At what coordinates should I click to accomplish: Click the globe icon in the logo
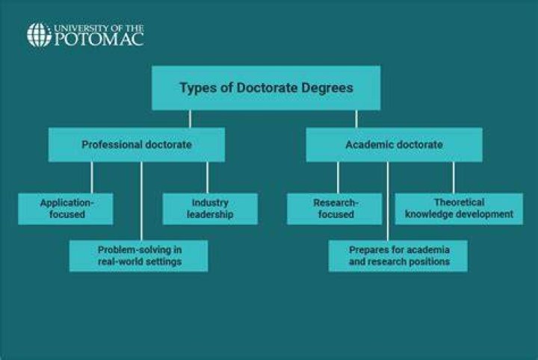point(39,34)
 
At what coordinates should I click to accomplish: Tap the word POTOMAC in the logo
point(99,40)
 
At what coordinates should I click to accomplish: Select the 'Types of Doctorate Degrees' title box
point(266,88)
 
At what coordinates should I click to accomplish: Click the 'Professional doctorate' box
point(137,145)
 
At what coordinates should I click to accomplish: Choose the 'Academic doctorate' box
point(395,145)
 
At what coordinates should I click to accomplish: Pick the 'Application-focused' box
point(66,209)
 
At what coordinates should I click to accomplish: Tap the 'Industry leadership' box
point(210,209)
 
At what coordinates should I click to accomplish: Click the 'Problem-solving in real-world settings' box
point(139,255)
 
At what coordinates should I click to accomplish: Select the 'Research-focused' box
point(335,209)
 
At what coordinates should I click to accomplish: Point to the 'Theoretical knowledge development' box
point(459,209)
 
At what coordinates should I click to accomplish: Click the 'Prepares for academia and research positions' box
point(398,255)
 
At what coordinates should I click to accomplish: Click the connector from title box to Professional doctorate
point(190,119)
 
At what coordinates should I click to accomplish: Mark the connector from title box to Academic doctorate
point(356,119)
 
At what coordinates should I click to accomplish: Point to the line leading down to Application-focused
point(92,177)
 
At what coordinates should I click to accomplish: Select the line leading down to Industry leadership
point(207,177)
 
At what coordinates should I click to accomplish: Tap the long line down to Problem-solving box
point(141,201)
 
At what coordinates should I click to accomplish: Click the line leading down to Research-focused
point(338,177)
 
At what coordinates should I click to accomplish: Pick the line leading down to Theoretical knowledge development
point(454,177)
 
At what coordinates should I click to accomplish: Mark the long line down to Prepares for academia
point(388,201)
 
